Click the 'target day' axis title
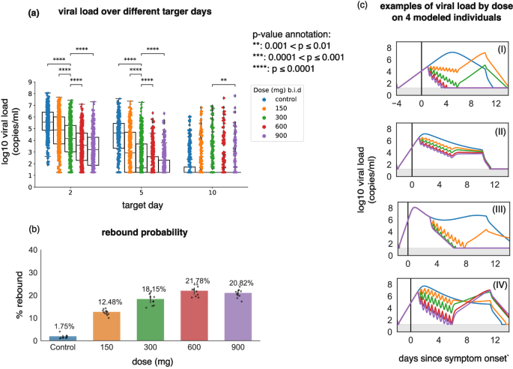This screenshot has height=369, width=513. (141, 205)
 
